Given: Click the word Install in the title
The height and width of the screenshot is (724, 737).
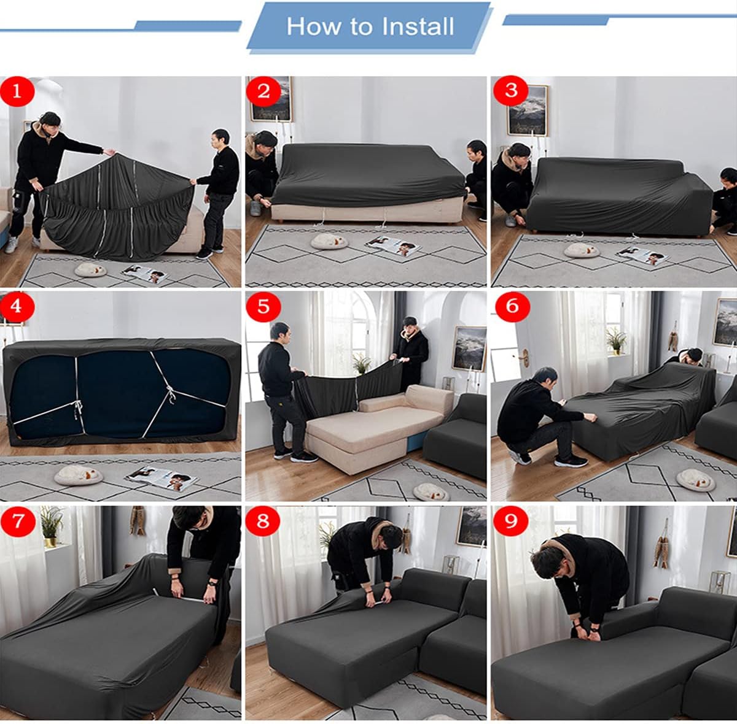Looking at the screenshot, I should tap(418, 26).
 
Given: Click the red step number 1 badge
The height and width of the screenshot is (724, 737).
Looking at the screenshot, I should tap(17, 91).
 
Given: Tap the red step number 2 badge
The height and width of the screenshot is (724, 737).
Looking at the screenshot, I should tap(263, 91).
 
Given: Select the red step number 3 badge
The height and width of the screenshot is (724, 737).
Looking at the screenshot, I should tap(511, 91).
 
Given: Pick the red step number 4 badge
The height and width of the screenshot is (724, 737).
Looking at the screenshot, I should tap(17, 306).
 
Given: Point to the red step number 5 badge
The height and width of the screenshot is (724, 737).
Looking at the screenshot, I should tap(263, 306).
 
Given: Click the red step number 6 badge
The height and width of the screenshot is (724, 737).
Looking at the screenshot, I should tap(511, 306).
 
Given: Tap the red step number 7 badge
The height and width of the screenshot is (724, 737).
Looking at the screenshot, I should tap(17, 521).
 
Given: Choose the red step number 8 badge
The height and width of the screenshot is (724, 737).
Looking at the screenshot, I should tap(263, 521).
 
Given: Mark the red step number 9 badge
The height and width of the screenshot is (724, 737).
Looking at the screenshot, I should tap(511, 521).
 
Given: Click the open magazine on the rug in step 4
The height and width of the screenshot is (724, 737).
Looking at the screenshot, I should tap(162, 477).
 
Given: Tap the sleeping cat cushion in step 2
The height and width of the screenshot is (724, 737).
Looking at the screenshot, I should tap(329, 241).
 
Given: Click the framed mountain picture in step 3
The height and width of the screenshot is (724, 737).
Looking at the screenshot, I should tap(527, 110).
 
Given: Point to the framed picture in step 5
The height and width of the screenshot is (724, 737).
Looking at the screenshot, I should tap(469, 349).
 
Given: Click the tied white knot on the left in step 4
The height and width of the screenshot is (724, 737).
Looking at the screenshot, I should tap(76, 406).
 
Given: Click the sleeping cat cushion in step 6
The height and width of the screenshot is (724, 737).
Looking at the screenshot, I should tap(695, 480).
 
